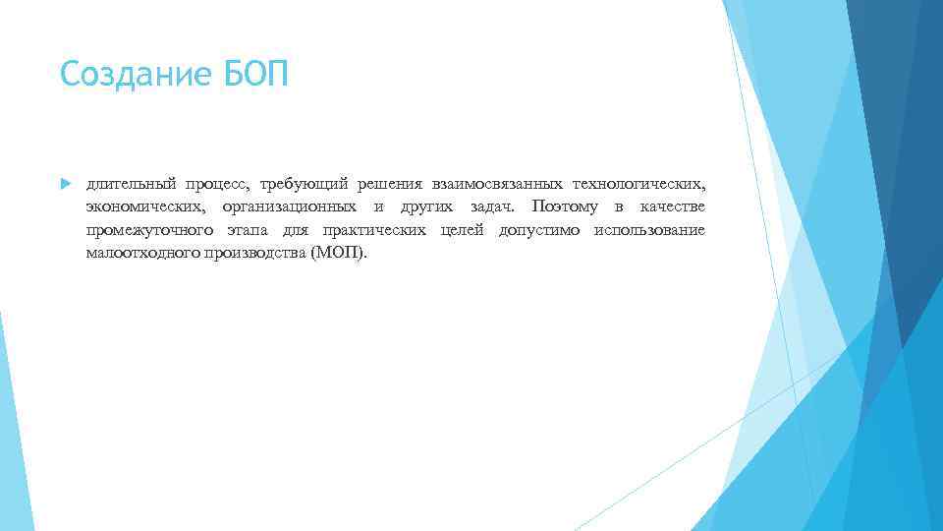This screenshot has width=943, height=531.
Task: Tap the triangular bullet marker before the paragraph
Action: pyautogui.click(x=65, y=184)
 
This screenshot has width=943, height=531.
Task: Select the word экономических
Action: pyautogui.click(x=145, y=206)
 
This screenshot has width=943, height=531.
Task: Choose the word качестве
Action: pyautogui.click(x=672, y=206)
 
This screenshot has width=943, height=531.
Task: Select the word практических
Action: pyautogui.click(x=374, y=230)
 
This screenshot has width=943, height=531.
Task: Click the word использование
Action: pyautogui.click(x=649, y=230)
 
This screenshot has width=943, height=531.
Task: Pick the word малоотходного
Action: pyautogui.click(x=143, y=253)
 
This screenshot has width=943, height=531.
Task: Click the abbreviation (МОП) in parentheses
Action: pyautogui.click(x=337, y=253)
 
